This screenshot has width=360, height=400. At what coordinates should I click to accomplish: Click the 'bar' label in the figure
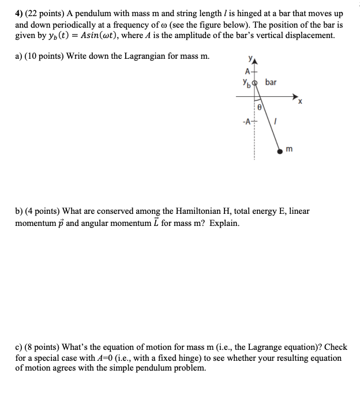click(x=271, y=82)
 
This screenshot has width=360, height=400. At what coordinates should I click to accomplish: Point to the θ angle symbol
click(x=260, y=107)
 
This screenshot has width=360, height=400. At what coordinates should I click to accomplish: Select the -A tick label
click(x=247, y=121)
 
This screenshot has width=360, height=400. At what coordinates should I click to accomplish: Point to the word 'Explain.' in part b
click(x=222, y=222)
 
